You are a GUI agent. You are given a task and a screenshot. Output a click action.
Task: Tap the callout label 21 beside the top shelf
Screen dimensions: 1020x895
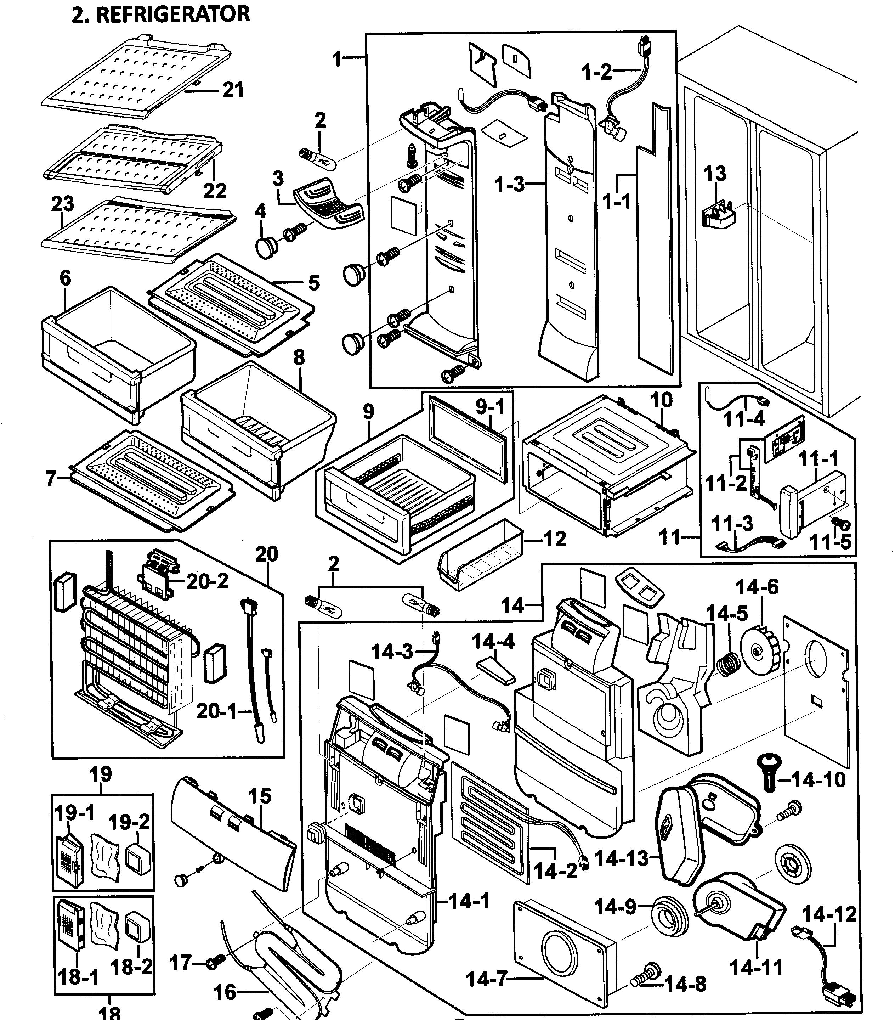233,90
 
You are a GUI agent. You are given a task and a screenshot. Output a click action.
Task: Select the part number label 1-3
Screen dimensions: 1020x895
509,185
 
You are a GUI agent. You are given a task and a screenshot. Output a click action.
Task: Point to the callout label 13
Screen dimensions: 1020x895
714,174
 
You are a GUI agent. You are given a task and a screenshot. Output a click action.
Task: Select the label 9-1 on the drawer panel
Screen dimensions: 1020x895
490,407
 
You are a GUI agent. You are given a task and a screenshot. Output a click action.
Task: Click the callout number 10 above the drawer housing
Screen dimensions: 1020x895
661,400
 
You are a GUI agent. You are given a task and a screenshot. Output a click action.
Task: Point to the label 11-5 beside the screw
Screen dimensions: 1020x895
830,541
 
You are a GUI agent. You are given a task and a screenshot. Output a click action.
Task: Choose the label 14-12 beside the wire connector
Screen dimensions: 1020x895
829,914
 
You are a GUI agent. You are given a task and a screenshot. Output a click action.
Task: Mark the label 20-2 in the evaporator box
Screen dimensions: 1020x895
207,581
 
